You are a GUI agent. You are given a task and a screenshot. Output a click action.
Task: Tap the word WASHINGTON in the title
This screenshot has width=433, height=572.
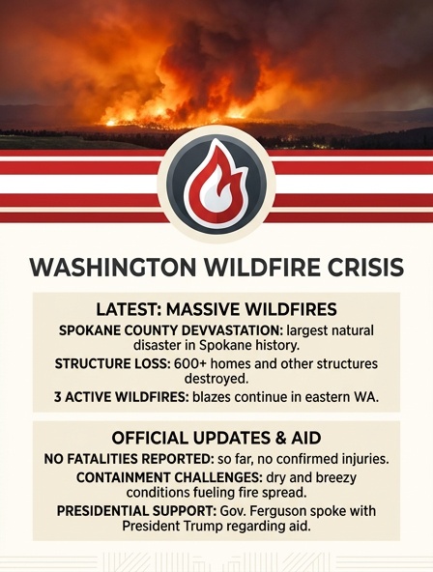coord(112,268)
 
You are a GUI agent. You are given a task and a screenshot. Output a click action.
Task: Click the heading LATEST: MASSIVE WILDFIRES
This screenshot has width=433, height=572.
coord(216,309)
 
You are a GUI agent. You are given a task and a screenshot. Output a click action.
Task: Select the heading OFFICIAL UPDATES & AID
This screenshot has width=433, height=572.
coord(216,438)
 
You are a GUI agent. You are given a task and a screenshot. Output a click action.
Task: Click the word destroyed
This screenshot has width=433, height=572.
coord(216,379)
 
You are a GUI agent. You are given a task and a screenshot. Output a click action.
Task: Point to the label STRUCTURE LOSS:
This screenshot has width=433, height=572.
coord(113,363)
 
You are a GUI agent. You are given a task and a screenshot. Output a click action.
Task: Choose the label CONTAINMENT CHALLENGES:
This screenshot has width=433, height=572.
coord(170,477)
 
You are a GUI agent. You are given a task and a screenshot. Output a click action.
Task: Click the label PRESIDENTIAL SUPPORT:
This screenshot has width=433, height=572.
coord(137,511)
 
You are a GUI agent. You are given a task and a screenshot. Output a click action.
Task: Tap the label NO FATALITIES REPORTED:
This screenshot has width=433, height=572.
coord(130,459)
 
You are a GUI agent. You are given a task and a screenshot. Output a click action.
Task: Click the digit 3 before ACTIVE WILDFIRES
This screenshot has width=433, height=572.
coord(57,397)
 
